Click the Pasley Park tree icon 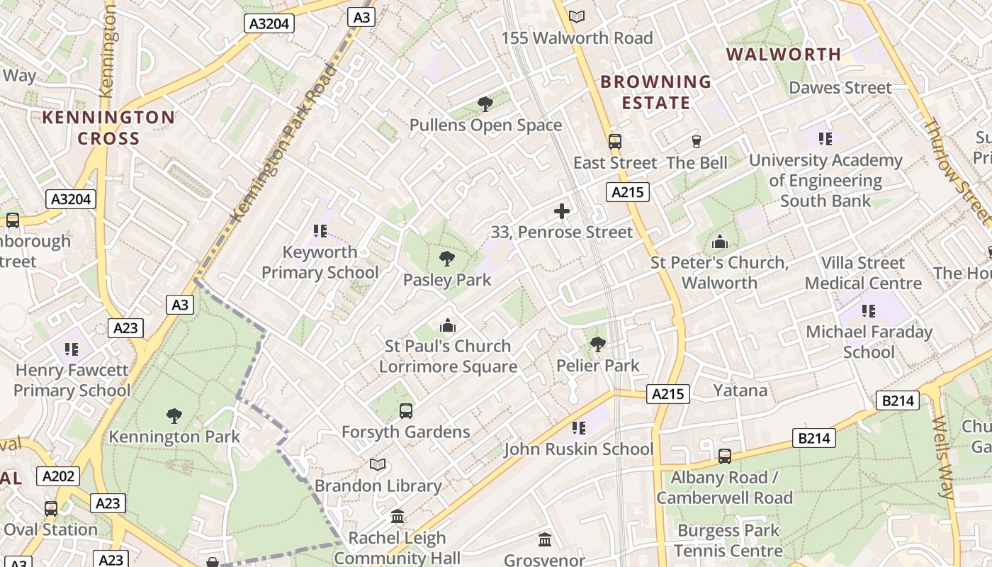pyautogui.click(x=446, y=258)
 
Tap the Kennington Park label pyautogui.click(x=174, y=437)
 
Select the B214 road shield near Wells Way pyautogui.click(x=898, y=400)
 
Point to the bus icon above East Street pyautogui.click(x=614, y=141)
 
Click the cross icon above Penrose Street pyautogui.click(x=562, y=210)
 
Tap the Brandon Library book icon pyautogui.click(x=378, y=464)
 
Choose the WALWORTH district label pyautogui.click(x=783, y=55)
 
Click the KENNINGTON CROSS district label pyautogui.click(x=108, y=128)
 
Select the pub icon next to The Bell pyautogui.click(x=696, y=141)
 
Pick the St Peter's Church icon pyautogui.click(x=719, y=242)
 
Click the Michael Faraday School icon pyautogui.click(x=868, y=310)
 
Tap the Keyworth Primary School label pyautogui.click(x=320, y=262)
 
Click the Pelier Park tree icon pyautogui.click(x=597, y=344)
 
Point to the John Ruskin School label pyautogui.click(x=578, y=449)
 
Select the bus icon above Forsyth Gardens pyautogui.click(x=405, y=410)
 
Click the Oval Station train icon pyautogui.click(x=50, y=508)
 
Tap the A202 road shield pyautogui.click(x=58, y=476)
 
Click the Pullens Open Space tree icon pyautogui.click(x=485, y=104)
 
